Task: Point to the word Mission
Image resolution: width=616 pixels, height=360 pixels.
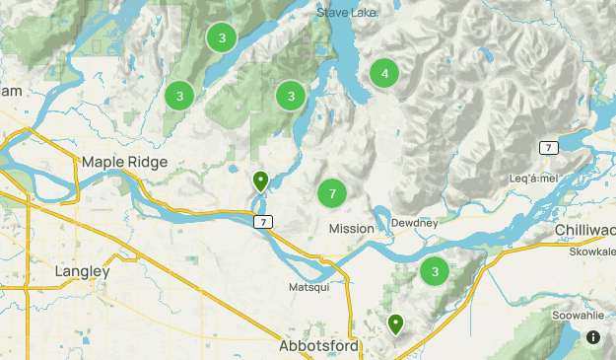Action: point(351,228)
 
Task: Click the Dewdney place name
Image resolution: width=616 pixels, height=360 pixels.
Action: point(413,224)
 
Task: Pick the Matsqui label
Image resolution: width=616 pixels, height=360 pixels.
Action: point(307,287)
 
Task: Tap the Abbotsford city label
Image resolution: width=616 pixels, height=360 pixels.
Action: point(320,347)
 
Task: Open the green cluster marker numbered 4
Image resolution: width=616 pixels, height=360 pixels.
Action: point(384,73)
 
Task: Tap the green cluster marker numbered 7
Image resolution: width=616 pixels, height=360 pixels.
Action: point(332,193)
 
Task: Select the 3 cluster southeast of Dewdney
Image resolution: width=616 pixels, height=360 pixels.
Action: point(434,271)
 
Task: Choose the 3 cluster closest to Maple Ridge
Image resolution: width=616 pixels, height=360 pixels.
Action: point(178,96)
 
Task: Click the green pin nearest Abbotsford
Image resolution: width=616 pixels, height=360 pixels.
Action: point(395,323)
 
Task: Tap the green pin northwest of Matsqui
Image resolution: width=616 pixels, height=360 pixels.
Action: point(260,180)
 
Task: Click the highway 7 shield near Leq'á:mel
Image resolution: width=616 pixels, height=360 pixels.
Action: point(548,147)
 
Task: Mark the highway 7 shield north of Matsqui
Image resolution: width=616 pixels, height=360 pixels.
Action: point(263,222)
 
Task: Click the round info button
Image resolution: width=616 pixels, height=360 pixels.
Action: point(593,337)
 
